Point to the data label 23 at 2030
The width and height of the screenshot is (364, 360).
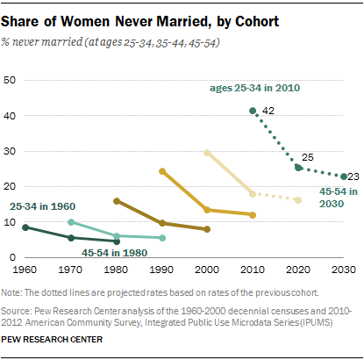[353, 176]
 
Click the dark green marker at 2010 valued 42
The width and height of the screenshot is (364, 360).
[253, 110]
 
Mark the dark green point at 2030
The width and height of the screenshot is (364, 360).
[343, 176]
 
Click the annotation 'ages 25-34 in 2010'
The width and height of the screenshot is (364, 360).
[256, 88]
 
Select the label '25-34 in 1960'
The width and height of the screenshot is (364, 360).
[44, 205]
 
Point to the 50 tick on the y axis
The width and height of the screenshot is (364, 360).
[12, 80]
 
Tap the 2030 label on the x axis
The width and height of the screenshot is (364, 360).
[343, 269]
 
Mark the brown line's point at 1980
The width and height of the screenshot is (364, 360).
[118, 201]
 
